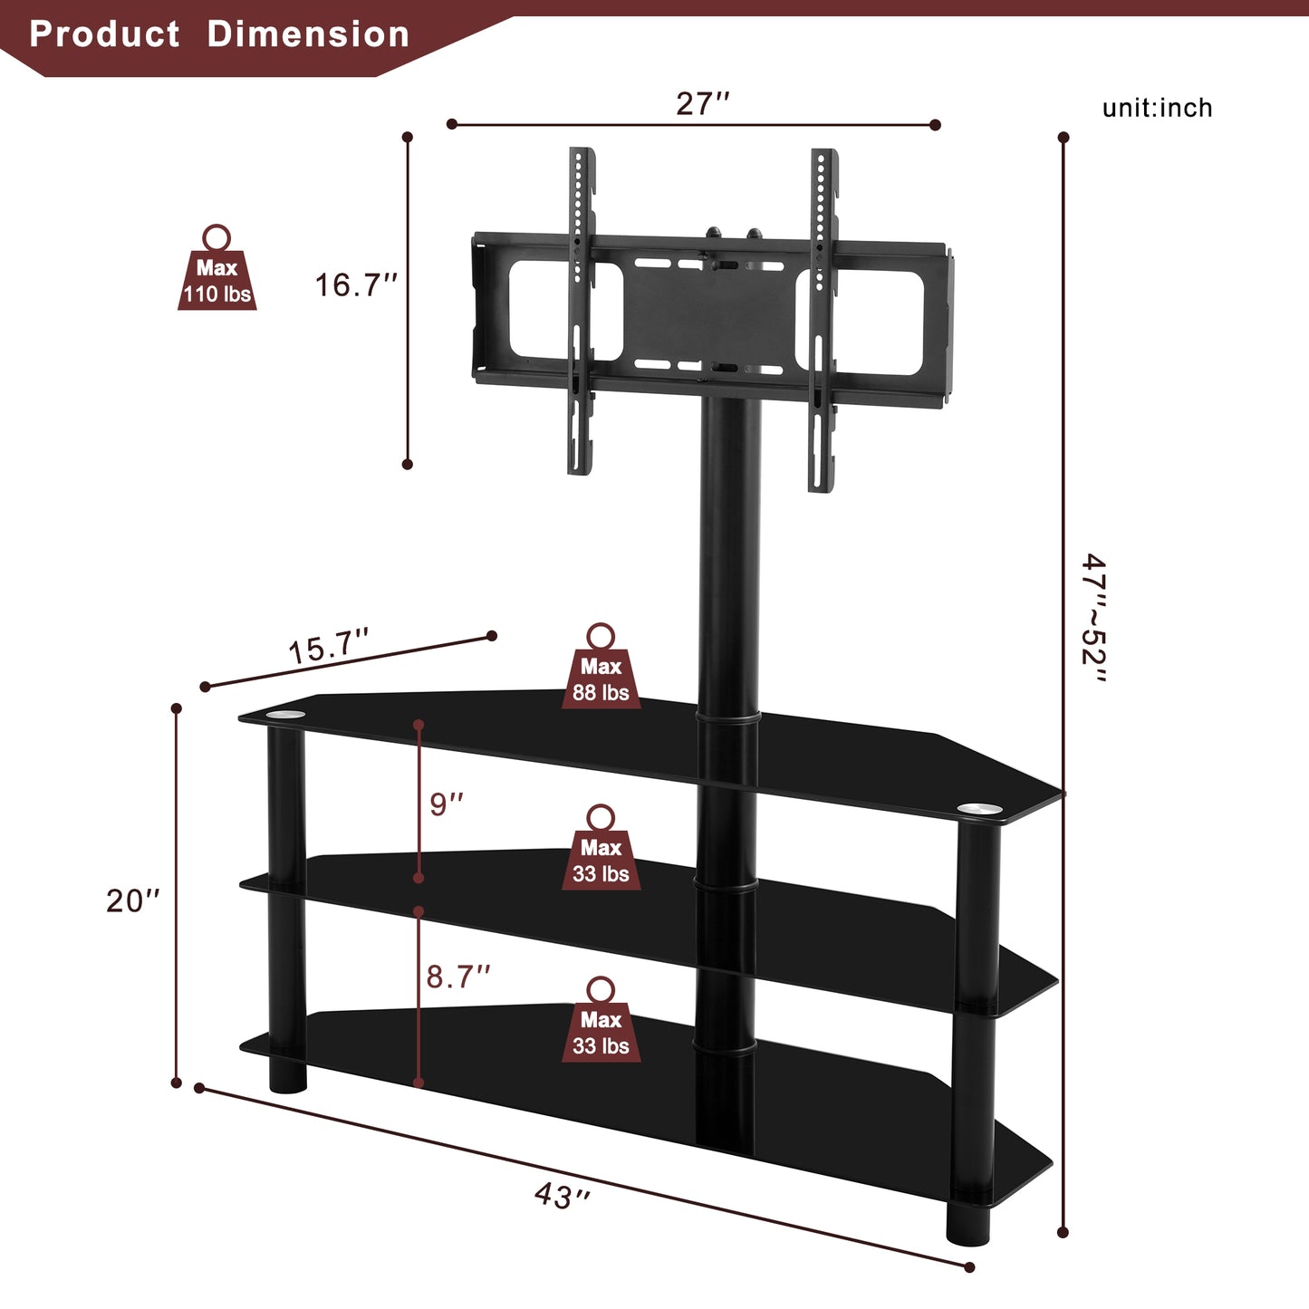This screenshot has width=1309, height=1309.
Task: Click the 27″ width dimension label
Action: point(702,104)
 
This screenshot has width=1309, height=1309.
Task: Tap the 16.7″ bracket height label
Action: point(356,285)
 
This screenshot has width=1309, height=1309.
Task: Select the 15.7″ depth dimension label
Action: point(328,648)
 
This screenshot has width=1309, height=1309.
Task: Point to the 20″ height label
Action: point(132,900)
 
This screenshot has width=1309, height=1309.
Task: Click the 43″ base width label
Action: point(563,1196)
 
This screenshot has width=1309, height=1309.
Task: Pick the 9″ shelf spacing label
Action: point(447,804)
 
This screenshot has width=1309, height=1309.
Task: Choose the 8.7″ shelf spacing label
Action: point(458,977)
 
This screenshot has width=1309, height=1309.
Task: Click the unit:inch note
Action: point(1157,108)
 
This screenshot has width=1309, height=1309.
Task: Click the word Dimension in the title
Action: point(308,34)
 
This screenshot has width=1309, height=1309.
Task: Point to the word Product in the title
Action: point(105,34)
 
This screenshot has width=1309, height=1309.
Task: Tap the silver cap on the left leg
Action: point(285,717)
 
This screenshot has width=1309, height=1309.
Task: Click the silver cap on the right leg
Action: point(980,808)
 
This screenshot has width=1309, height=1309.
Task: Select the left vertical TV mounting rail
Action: point(581,311)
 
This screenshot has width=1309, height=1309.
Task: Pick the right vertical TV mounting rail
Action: point(822,320)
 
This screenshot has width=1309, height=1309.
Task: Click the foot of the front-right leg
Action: point(968,1223)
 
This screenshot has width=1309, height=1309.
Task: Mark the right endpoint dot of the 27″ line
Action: point(936,125)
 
